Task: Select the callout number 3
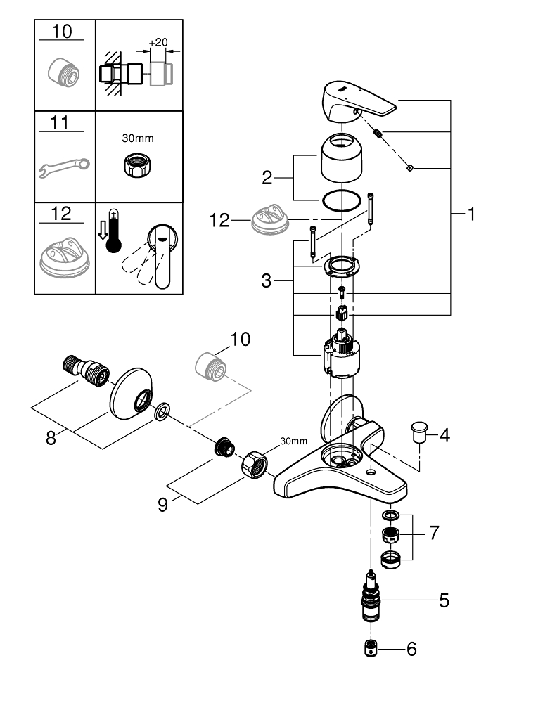(x=266, y=281)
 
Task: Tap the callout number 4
(x=444, y=435)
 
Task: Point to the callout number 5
(x=444, y=600)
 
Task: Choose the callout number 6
(x=411, y=650)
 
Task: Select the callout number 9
(x=163, y=505)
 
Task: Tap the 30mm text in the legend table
(x=138, y=138)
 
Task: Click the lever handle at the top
(x=356, y=98)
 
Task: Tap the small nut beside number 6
(x=371, y=649)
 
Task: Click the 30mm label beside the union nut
(x=293, y=441)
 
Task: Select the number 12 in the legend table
(x=62, y=214)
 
